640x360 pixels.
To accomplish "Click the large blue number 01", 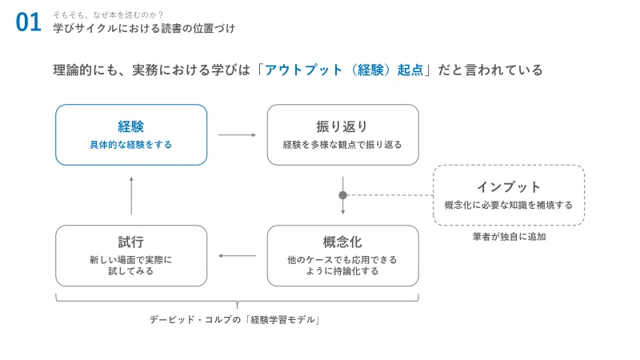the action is click(28, 22).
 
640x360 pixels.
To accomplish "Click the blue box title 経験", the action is click(131, 126).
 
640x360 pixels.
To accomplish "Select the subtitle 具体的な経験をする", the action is click(131, 145).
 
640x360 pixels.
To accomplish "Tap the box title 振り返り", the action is click(342, 126).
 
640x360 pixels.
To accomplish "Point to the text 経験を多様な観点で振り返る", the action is click(342, 145).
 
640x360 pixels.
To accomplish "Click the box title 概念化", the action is click(342, 242).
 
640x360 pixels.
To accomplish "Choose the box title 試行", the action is click(131, 242).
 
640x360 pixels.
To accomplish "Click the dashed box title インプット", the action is click(509, 187).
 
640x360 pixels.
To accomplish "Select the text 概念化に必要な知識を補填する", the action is click(509, 205).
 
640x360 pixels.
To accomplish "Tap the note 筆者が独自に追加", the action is click(509, 237).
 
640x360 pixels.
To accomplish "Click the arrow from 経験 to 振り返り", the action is click(237, 134).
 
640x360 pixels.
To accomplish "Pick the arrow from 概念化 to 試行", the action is click(237, 256).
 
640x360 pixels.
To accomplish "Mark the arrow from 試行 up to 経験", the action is click(131, 195).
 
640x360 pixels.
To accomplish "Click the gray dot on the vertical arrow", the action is click(343, 195).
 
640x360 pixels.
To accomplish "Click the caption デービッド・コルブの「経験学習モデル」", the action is click(234, 319).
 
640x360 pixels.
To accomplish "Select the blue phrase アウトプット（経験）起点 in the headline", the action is click(344, 70).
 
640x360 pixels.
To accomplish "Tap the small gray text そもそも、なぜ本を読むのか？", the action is click(108, 15).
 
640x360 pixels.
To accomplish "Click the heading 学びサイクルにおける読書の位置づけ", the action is click(144, 28).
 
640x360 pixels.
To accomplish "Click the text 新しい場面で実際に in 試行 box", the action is click(131, 259).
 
